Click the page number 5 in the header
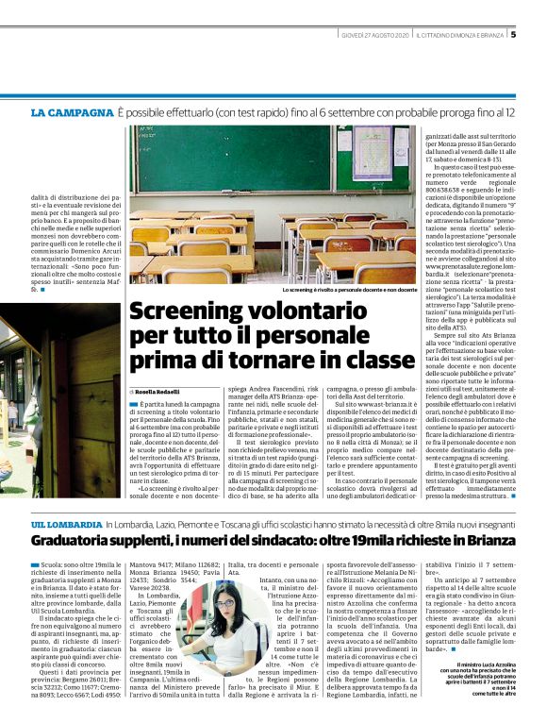click(x=513, y=35)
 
